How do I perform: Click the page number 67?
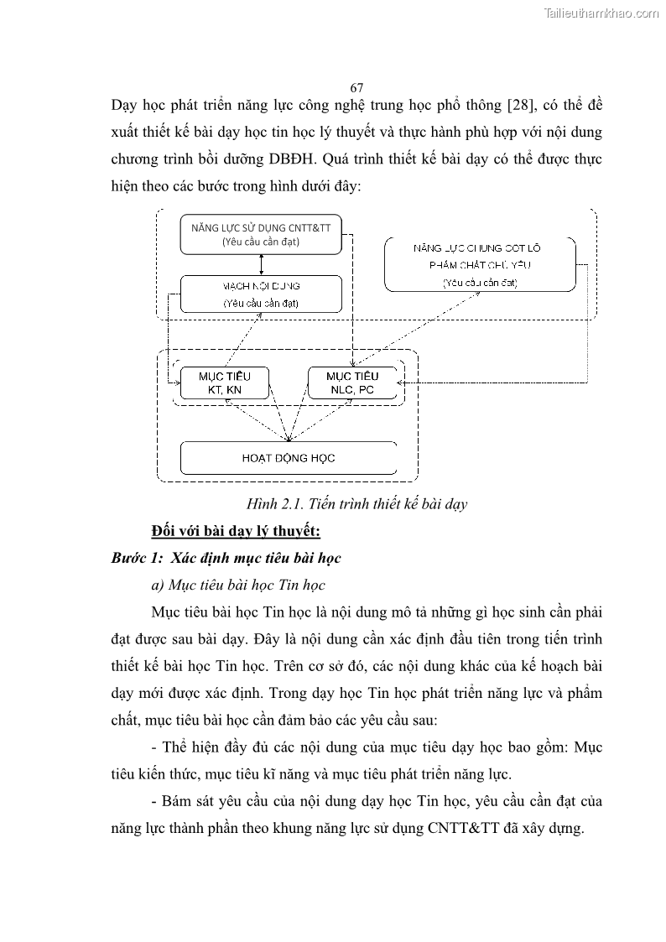[x=356, y=88]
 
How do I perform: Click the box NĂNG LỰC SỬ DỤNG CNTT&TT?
[x=261, y=234]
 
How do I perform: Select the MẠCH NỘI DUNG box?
[x=261, y=294]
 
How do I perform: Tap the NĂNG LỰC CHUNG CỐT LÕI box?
[x=480, y=264]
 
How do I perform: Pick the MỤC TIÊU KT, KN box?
[x=224, y=383]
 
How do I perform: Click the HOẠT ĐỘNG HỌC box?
[x=289, y=458]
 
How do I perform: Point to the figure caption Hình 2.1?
[x=356, y=504]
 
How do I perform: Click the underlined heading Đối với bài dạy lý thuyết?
[x=237, y=531]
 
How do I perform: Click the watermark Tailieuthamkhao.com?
[x=601, y=13]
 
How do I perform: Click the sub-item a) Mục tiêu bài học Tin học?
[x=238, y=585]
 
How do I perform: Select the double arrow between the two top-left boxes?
[x=263, y=265]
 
